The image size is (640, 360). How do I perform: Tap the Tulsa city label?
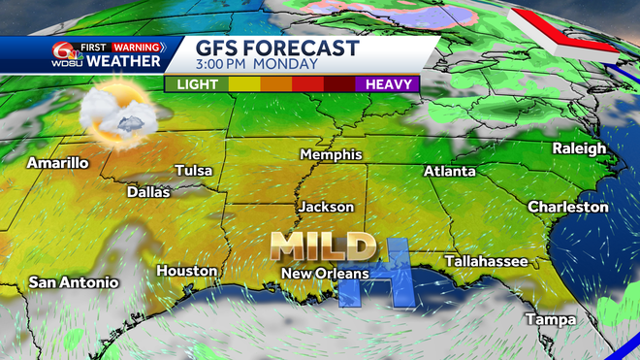coord(194,171)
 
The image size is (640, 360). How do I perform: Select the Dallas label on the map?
coord(148,192)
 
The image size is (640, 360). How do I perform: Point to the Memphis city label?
coord(331,155)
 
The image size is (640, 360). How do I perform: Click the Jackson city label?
coord(326,207)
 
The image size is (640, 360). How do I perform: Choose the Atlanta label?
coord(450,172)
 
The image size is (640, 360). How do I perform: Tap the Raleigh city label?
coord(579,147)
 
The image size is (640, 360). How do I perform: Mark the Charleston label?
coord(568,207)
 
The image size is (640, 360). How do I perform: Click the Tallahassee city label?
coord(486,261)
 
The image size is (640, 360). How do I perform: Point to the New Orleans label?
coord(325,274)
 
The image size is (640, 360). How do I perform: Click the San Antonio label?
coord(74,282)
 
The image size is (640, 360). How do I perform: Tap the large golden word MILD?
coord(323,246)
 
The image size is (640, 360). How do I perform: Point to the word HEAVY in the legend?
coord(391,83)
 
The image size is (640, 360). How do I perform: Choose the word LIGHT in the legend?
coord(196,83)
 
